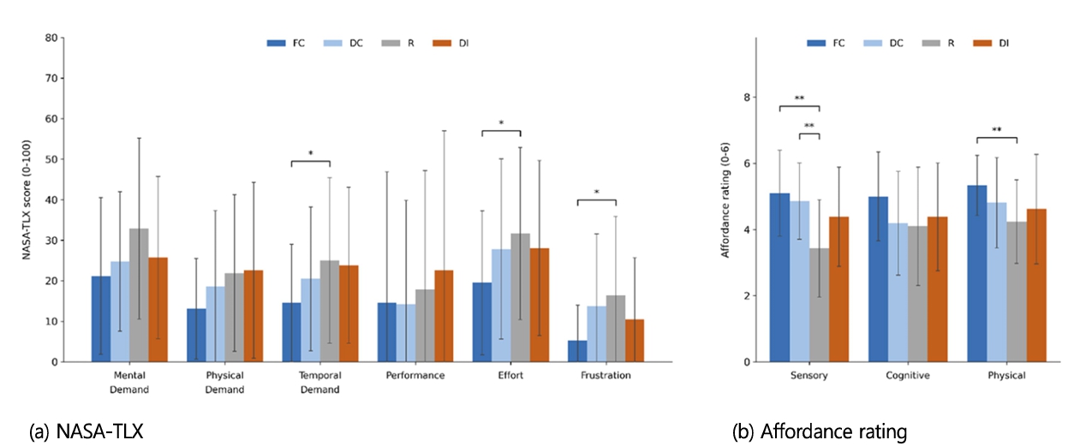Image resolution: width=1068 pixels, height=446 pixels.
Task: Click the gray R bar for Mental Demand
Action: (x=139, y=295)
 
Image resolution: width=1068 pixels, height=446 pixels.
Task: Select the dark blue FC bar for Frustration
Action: (x=577, y=351)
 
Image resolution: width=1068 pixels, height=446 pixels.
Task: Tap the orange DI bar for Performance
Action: (x=444, y=316)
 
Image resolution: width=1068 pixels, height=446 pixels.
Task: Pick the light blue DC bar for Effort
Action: (x=501, y=306)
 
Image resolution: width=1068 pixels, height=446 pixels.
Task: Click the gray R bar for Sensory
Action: (x=819, y=305)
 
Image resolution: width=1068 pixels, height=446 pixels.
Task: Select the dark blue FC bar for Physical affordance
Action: (x=977, y=274)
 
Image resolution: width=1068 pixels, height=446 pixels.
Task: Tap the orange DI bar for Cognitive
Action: (x=937, y=289)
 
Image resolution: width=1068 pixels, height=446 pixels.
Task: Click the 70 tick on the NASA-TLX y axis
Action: (x=51, y=78)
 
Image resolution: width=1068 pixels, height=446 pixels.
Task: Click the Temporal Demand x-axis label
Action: (x=320, y=382)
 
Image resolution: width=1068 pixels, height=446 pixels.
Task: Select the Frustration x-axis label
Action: (x=606, y=376)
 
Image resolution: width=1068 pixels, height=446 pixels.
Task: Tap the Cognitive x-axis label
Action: (x=908, y=376)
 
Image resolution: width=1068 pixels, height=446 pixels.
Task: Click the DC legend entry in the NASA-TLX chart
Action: (x=343, y=44)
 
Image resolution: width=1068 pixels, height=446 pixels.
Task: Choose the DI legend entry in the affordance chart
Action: (x=991, y=44)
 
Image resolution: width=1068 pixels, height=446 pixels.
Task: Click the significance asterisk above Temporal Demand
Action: (x=311, y=153)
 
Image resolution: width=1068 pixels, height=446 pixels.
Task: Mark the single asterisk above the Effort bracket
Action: (x=501, y=123)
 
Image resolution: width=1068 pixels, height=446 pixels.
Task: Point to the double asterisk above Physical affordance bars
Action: (x=997, y=129)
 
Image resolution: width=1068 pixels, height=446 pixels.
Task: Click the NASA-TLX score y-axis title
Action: (x=27, y=199)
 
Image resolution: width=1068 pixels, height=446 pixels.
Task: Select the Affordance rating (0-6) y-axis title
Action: (x=725, y=199)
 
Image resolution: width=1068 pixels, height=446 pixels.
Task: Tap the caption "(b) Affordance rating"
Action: (x=820, y=431)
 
